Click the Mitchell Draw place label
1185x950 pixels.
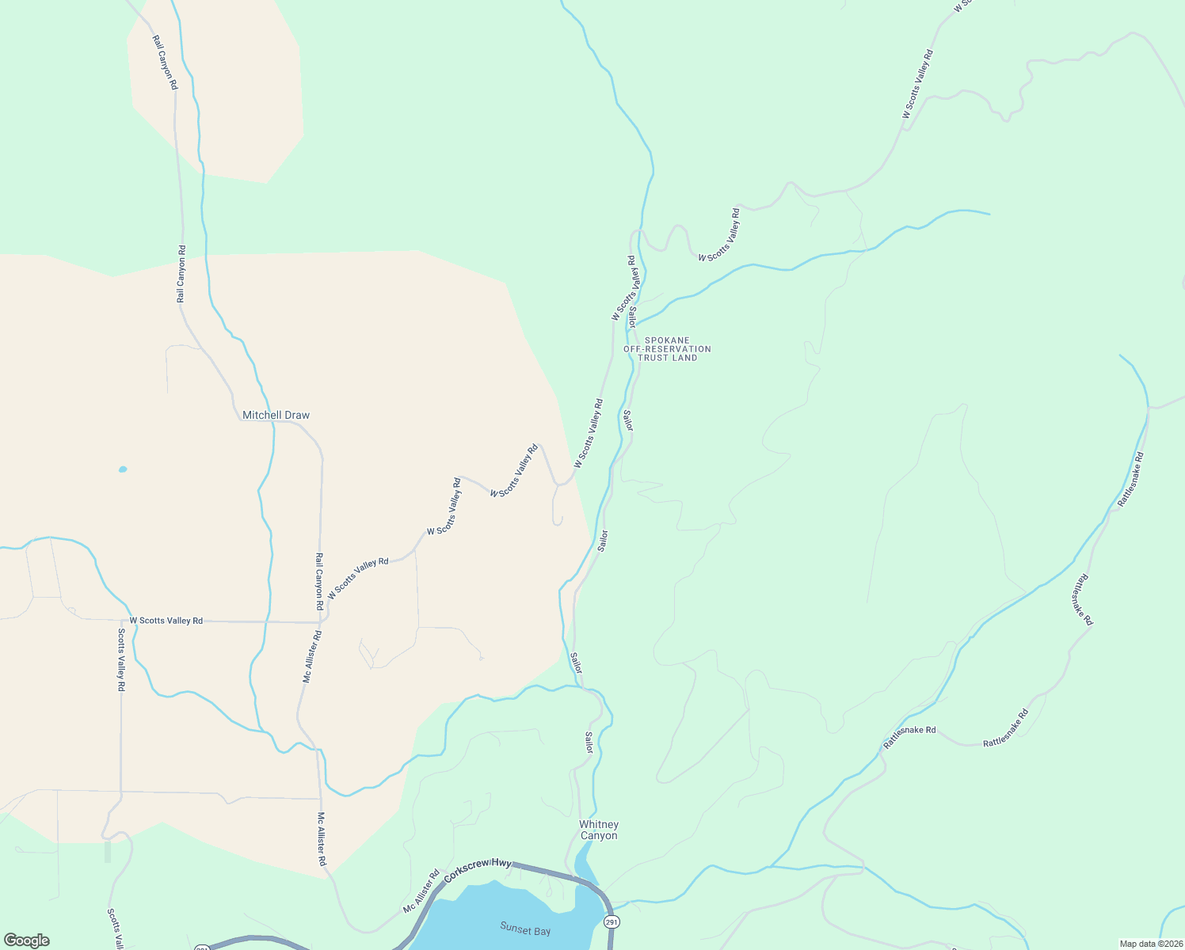pyautogui.click(x=276, y=415)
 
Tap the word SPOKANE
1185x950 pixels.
pyautogui.click(x=667, y=340)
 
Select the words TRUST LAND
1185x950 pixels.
pyautogui.click(x=668, y=358)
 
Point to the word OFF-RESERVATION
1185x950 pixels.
pyautogui.click(x=667, y=349)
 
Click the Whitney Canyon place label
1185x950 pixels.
pyautogui.click(x=598, y=830)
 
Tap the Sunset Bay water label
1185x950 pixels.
pyautogui.click(x=525, y=929)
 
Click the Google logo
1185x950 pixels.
pyautogui.click(x=27, y=940)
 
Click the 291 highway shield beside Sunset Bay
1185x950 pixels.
pyautogui.click(x=611, y=922)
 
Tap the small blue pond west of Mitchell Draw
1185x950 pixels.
pyautogui.click(x=123, y=469)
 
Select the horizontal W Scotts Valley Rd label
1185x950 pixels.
pyautogui.click(x=166, y=621)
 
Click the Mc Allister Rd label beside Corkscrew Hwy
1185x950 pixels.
pyautogui.click(x=421, y=892)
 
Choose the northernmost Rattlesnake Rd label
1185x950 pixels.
pyautogui.click(x=1130, y=479)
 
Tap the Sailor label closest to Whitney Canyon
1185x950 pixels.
pyautogui.click(x=589, y=743)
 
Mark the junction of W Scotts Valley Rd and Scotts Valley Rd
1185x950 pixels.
pyautogui.click(x=120, y=621)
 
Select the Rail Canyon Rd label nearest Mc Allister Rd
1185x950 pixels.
pyautogui.click(x=319, y=580)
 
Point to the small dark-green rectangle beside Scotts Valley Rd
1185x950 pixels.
pyautogui.click(x=108, y=852)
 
